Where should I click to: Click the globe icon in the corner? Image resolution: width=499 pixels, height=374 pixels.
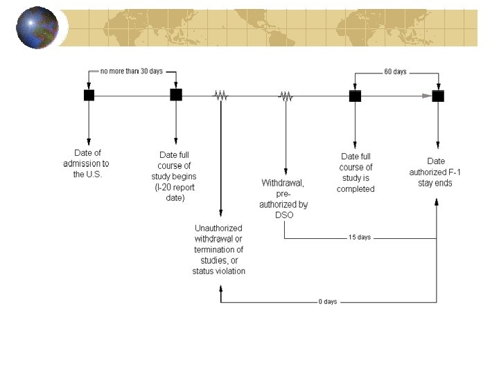37,28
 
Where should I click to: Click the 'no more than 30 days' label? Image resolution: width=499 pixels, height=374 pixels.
132,71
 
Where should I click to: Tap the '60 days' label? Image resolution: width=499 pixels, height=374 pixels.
395,72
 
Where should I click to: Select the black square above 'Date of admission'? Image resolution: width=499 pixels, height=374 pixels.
89,95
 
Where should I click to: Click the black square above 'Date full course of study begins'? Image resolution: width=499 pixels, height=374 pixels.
176,95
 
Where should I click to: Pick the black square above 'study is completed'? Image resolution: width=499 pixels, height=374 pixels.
355,96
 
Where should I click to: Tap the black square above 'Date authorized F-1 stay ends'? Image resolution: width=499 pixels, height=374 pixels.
437,96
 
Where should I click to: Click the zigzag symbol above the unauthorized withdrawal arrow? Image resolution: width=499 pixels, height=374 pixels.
220,96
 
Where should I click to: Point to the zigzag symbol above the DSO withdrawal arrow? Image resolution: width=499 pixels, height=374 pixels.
286,97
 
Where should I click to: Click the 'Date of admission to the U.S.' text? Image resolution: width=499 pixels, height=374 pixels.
86,163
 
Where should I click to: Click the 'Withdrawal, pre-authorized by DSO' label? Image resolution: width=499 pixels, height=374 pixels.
284,199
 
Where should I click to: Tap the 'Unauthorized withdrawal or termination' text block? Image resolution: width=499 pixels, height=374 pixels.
219,249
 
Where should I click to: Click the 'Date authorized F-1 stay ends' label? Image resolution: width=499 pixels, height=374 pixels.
436,172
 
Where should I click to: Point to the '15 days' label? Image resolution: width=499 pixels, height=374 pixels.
359,237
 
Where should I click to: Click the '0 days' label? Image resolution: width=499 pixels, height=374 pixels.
328,302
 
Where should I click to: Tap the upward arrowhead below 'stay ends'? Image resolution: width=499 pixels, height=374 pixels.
437,202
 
